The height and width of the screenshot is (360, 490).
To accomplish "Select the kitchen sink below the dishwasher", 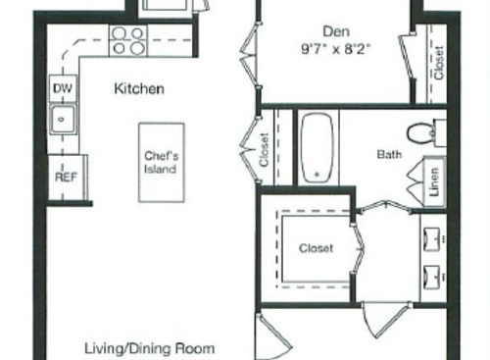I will click(x=63, y=122).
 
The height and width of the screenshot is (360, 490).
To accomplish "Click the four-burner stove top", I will click(x=128, y=40).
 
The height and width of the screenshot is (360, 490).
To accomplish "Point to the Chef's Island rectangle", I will click(x=161, y=162).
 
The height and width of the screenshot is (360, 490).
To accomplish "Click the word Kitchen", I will click(x=139, y=89).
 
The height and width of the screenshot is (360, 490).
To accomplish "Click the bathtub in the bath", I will click(x=317, y=147).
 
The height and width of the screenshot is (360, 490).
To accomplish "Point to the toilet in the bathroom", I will click(x=423, y=131).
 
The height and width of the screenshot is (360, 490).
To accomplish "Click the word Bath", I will click(x=389, y=154).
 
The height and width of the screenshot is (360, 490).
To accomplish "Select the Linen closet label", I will click(x=435, y=181).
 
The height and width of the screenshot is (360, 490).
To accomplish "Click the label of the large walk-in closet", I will click(x=316, y=248).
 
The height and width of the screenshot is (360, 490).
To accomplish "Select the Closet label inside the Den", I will click(x=438, y=63).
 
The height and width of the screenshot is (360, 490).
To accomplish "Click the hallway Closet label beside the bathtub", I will click(x=266, y=150).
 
